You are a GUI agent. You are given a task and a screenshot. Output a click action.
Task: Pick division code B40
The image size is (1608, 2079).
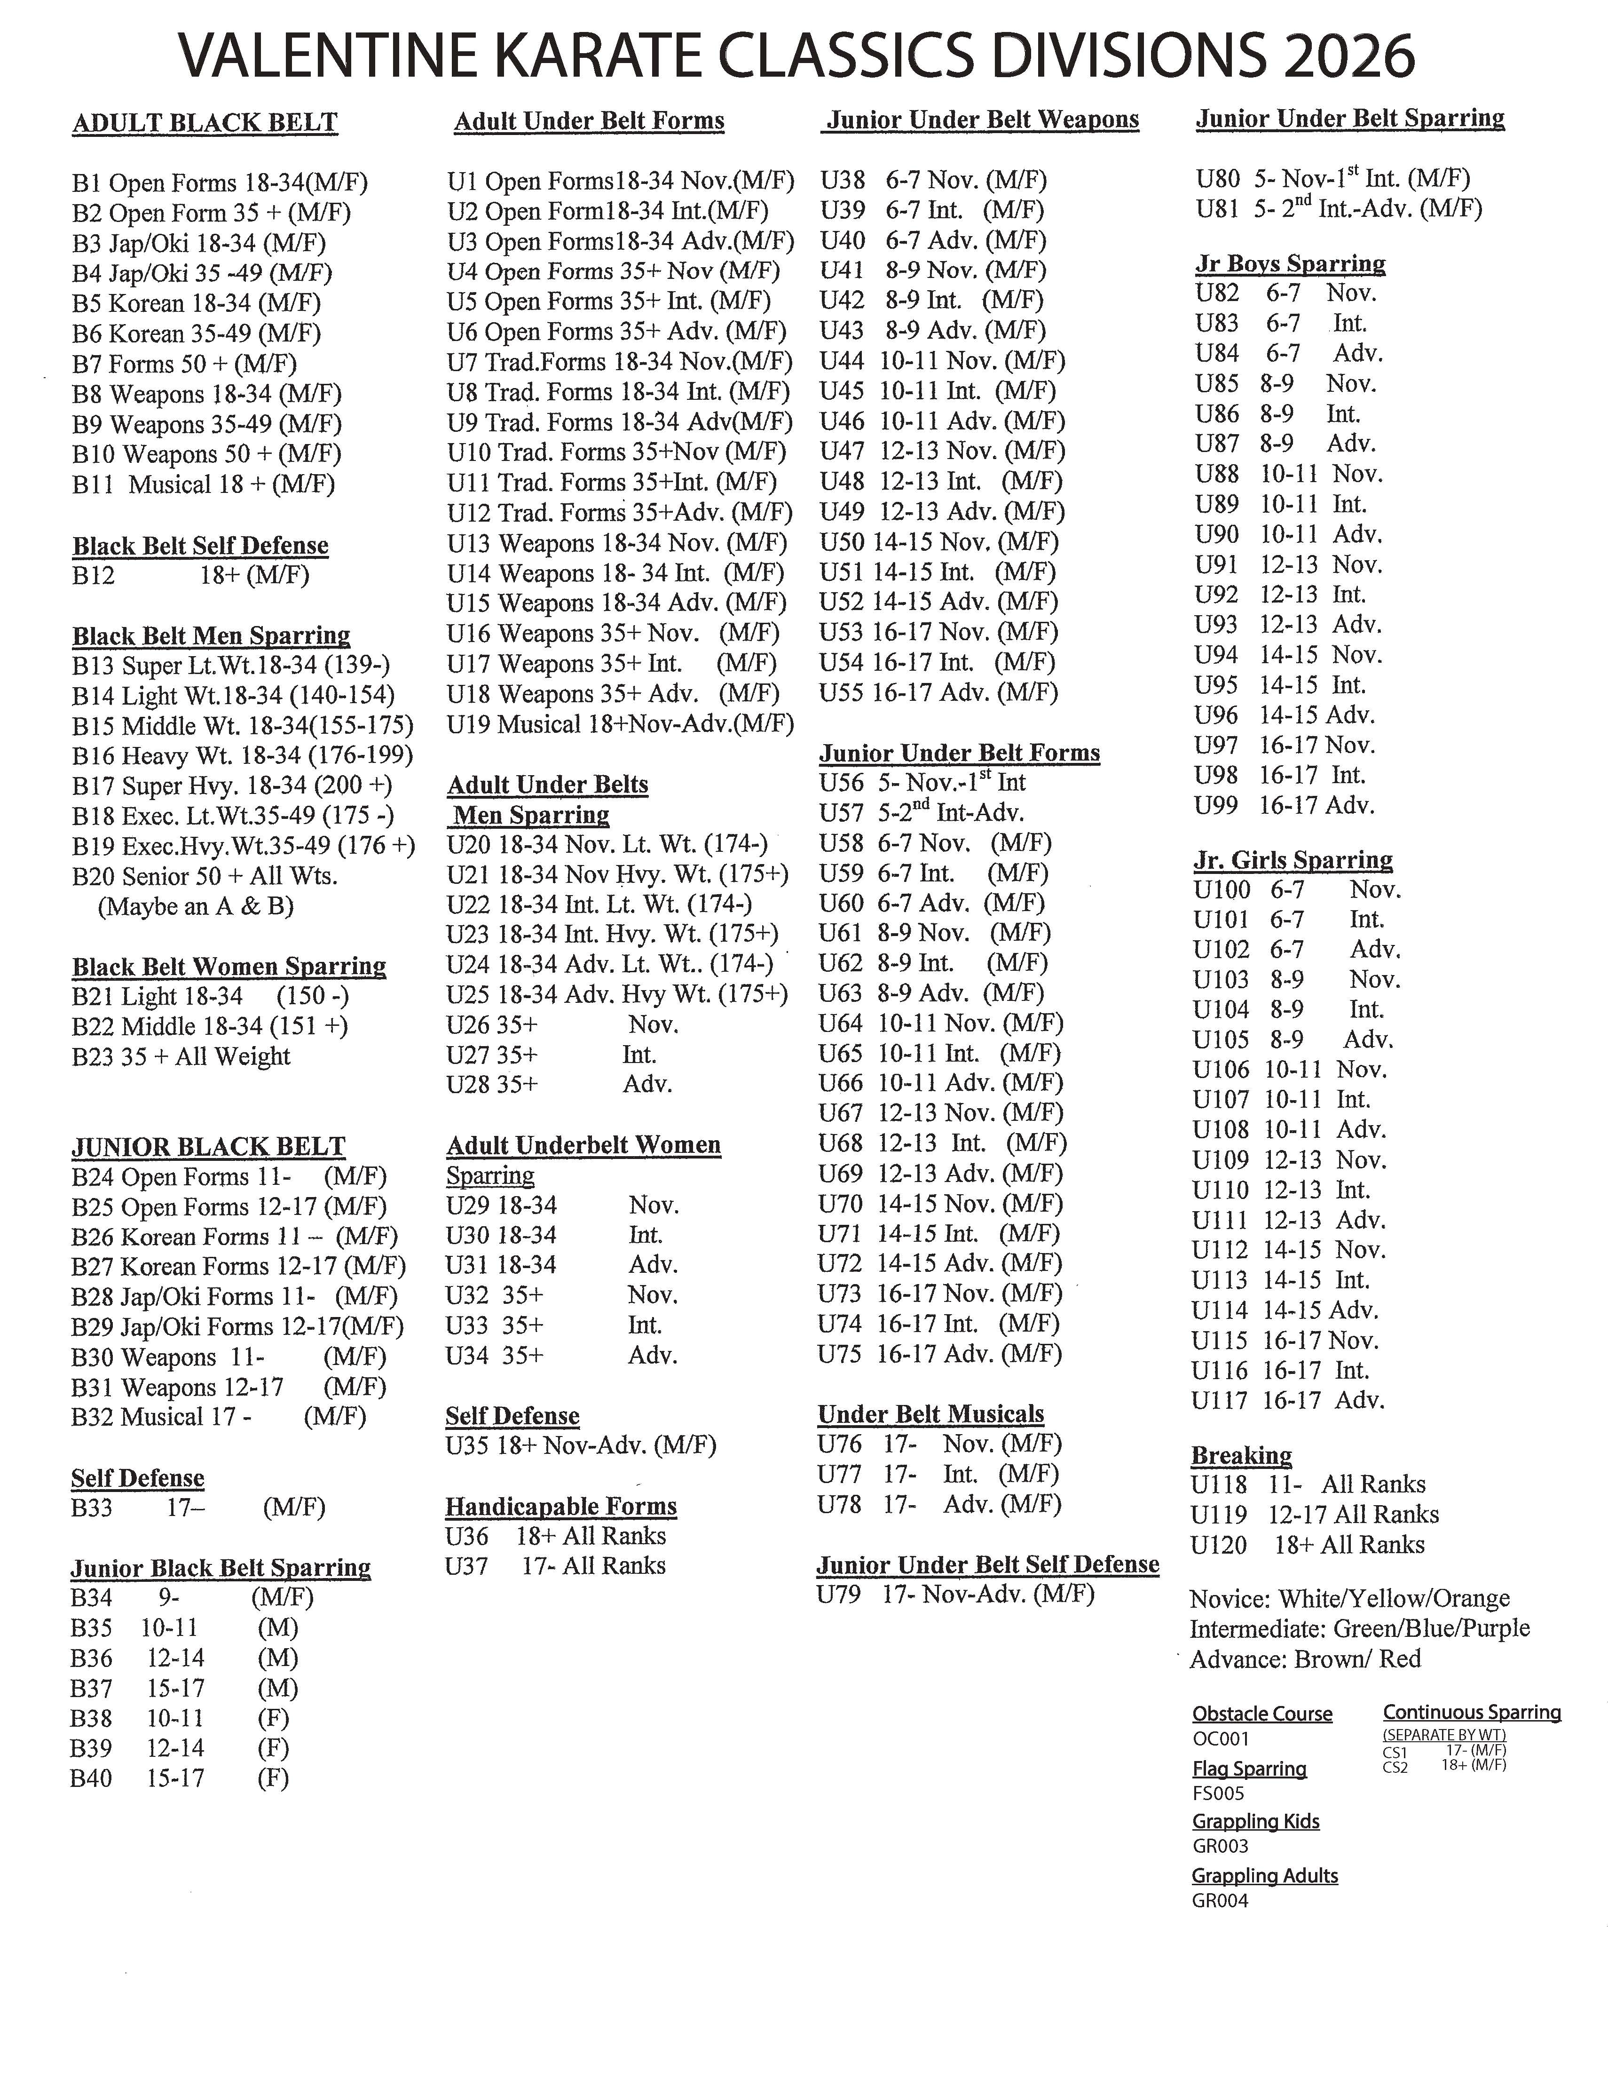(x=91, y=1778)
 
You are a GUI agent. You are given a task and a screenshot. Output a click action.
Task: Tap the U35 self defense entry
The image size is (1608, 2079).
(x=580, y=1446)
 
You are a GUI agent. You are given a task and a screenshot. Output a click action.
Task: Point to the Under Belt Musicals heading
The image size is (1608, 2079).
(x=930, y=1414)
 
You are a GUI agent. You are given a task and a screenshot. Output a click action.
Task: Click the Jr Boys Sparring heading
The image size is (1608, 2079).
(x=1290, y=264)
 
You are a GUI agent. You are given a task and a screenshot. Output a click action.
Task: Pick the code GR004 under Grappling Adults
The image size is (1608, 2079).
(x=1220, y=1901)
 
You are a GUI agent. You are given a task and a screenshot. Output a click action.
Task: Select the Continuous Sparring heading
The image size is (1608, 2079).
(x=1472, y=1713)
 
